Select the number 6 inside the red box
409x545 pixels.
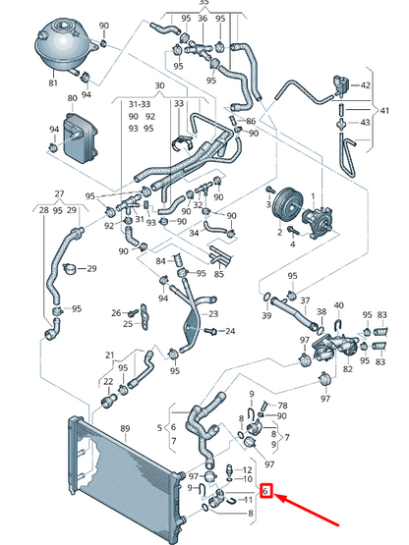pyautogui.click(x=265, y=491)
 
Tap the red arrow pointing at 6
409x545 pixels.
pyautogui.click(x=308, y=511)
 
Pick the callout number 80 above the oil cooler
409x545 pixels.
pyautogui.click(x=73, y=98)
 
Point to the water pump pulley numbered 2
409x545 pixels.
pyautogui.click(x=285, y=206)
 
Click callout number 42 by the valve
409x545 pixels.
pyautogui.click(x=365, y=85)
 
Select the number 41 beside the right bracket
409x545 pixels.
pyautogui.click(x=384, y=111)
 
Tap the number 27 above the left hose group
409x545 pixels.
pyautogui.click(x=60, y=193)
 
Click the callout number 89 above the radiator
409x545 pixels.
pyautogui.click(x=125, y=428)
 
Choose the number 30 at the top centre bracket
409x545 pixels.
pyautogui.click(x=159, y=85)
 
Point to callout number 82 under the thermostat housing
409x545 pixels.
pyautogui.click(x=348, y=369)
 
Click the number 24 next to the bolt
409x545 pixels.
pyautogui.click(x=230, y=331)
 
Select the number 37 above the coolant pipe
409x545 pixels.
pyautogui.click(x=305, y=300)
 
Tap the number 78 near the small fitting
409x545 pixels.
pyautogui.click(x=282, y=406)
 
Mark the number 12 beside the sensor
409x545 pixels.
pyautogui.click(x=247, y=470)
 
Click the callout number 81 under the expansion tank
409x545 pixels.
pyautogui.click(x=53, y=83)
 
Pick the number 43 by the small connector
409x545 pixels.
pyautogui.click(x=365, y=123)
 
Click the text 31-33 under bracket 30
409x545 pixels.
pyautogui.click(x=140, y=104)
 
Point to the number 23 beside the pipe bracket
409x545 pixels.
pyautogui.click(x=213, y=314)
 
